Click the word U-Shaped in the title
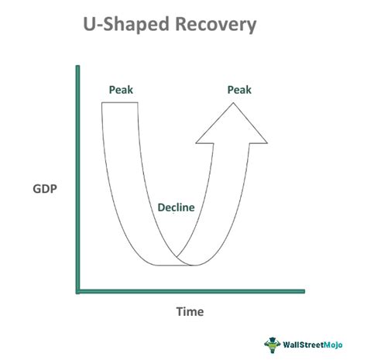tap(125, 26)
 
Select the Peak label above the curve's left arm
tap(120, 90)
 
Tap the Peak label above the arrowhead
tap(239, 90)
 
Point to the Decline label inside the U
tap(176, 207)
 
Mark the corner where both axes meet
tap(77, 292)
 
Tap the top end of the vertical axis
tap(77, 68)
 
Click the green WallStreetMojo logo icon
tap(272, 343)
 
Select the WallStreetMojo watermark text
tap(317, 343)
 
